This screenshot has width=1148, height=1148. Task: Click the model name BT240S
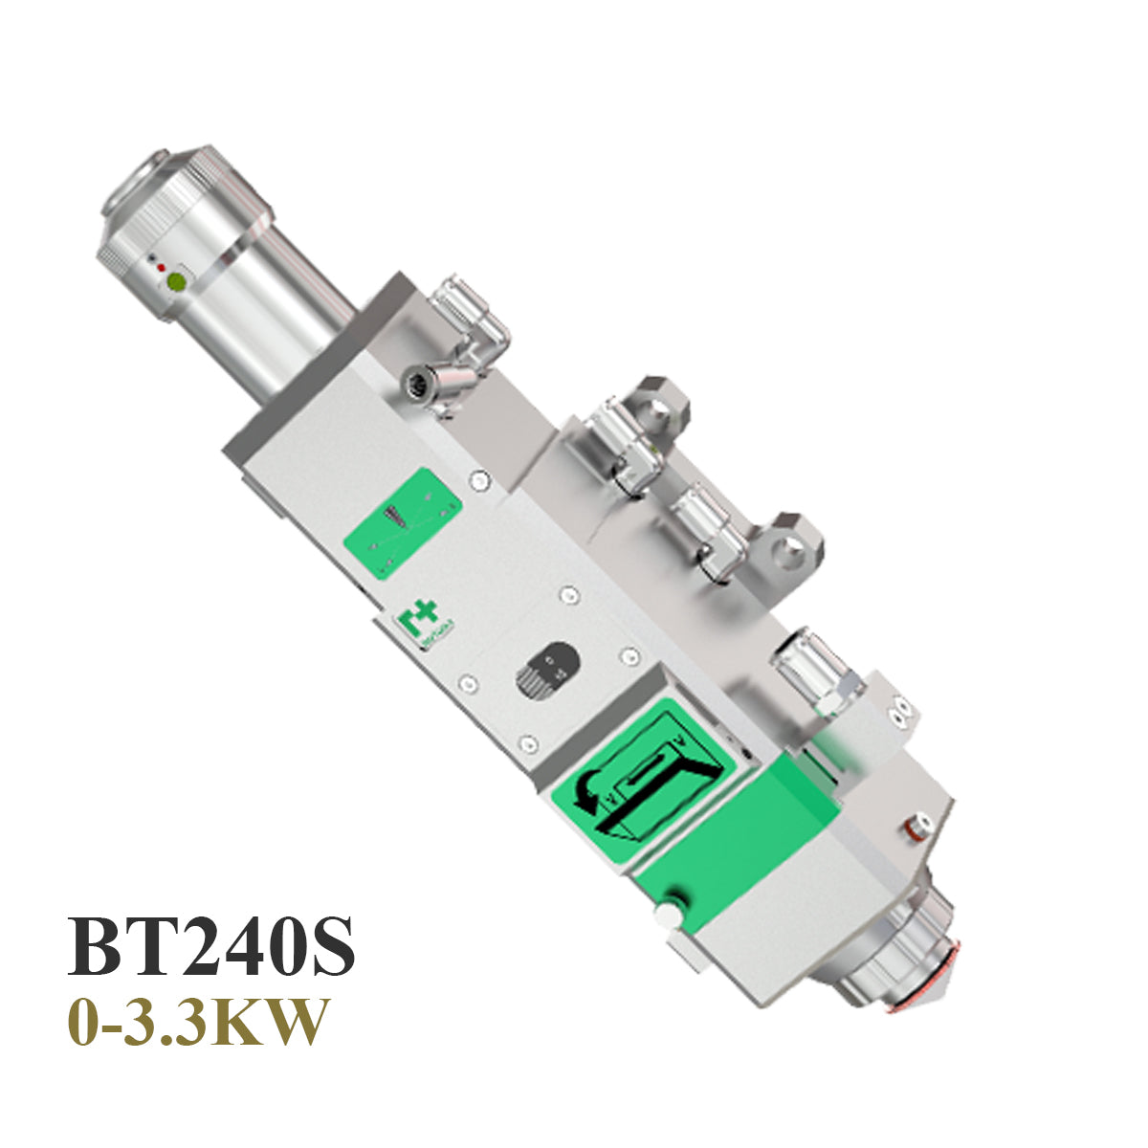210,946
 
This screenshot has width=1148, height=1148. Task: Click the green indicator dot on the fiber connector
175,282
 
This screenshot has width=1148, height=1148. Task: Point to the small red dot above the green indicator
161,268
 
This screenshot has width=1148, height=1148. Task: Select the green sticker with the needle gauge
402,522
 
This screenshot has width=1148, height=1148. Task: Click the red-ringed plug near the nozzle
916,824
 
